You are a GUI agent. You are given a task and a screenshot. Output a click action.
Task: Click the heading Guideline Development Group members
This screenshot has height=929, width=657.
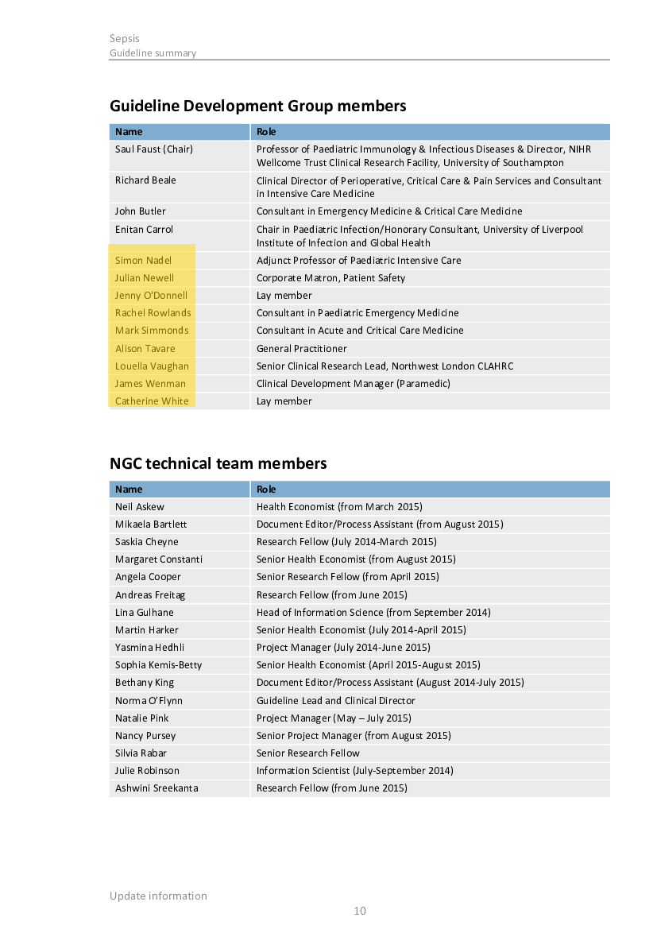pyautogui.click(x=257, y=106)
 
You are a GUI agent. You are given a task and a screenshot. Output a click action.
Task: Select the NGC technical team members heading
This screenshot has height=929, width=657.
pyautogui.click(x=218, y=463)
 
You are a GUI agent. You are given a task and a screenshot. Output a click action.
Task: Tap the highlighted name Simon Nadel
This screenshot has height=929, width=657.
pyautogui.click(x=143, y=261)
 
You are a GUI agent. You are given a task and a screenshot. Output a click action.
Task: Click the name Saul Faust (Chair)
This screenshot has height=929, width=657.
pyautogui.click(x=153, y=149)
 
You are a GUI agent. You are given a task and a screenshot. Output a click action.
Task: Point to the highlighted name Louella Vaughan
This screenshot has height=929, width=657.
pyautogui.click(x=152, y=366)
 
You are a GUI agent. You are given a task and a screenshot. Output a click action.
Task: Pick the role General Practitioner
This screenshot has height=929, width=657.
pyautogui.click(x=301, y=349)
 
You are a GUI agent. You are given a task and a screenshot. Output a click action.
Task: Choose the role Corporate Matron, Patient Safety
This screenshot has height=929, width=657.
pyautogui.click(x=330, y=278)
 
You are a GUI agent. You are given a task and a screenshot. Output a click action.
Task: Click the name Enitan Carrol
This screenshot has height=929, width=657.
pyautogui.click(x=144, y=230)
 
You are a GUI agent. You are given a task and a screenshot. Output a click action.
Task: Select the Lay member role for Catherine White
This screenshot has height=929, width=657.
pyautogui.click(x=284, y=401)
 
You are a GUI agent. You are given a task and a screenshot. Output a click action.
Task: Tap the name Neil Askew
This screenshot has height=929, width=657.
pyautogui.click(x=139, y=507)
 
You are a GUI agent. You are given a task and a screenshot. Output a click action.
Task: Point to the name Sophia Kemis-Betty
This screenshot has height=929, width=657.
pyautogui.click(x=158, y=665)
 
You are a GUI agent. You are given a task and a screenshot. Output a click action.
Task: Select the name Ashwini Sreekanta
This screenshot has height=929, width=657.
pyautogui.click(x=157, y=788)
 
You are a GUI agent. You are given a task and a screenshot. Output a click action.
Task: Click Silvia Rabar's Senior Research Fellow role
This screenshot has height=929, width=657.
pyautogui.click(x=307, y=753)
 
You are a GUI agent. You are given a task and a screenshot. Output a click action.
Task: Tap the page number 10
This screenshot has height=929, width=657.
pyautogui.click(x=360, y=911)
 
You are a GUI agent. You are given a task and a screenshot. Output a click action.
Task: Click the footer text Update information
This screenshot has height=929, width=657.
pyautogui.click(x=158, y=896)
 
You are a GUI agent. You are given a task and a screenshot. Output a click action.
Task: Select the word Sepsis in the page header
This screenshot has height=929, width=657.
pyautogui.click(x=125, y=38)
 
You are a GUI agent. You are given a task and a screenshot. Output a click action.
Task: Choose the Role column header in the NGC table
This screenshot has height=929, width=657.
pyautogui.click(x=266, y=490)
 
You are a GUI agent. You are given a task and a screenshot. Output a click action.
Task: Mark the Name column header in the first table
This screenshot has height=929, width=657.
pyautogui.click(x=129, y=132)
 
